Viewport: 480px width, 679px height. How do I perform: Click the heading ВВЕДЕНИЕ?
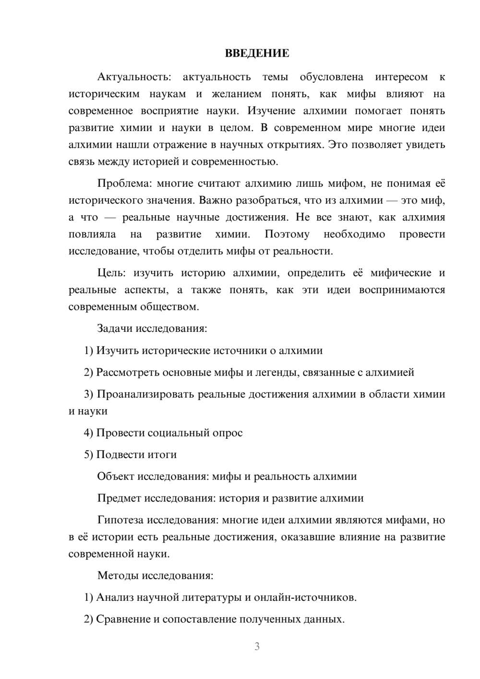[x=257, y=53]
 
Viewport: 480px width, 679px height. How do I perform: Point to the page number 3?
[x=257, y=646]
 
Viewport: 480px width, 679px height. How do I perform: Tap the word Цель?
[x=111, y=273]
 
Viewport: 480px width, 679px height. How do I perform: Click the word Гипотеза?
[x=120, y=520]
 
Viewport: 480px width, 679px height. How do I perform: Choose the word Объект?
[x=116, y=476]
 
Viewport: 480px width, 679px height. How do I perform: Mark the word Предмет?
[x=119, y=498]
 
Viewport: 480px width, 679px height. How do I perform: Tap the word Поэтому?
[x=287, y=234]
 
